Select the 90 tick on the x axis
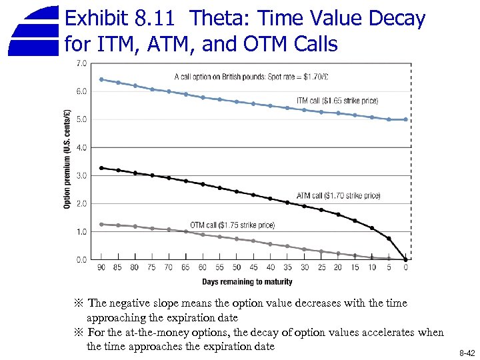101,268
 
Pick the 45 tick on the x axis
253,268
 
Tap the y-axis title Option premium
67,159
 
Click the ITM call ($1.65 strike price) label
337,101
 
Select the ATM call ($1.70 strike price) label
339,196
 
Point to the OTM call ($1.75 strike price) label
232,225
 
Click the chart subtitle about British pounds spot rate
251,76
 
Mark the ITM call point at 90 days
101,79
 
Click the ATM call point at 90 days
101,168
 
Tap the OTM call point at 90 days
101,224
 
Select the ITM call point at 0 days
406,119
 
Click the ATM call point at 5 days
389,238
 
